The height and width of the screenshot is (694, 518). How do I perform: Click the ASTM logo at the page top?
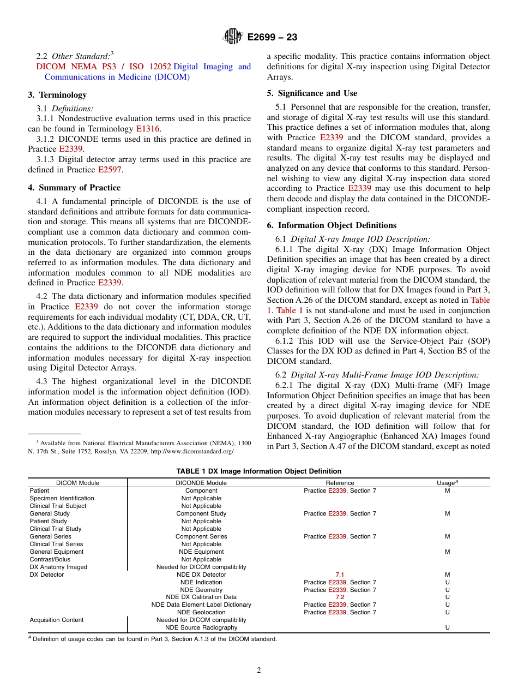pos(233,37)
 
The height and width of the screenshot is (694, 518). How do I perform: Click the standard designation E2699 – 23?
pos(272,38)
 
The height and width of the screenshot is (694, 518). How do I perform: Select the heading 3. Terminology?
pos(57,95)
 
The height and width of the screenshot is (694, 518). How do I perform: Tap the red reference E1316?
pos(148,129)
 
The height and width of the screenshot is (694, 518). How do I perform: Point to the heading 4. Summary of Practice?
pos(74,188)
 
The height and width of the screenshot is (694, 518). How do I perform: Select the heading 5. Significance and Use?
pos(312,93)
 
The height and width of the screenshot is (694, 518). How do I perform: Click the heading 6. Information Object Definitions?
pos(332,225)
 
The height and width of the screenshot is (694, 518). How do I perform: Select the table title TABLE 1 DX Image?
pos(258,471)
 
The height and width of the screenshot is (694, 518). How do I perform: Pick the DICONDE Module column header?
pos(201,483)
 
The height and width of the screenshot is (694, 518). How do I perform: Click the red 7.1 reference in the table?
pos(340,575)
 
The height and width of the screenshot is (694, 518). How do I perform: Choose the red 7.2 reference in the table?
pos(340,597)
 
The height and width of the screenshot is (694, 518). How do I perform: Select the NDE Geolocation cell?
pos(201,612)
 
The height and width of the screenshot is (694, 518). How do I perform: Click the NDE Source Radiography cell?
pos(201,627)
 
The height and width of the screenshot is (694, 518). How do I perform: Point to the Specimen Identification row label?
pos(62,498)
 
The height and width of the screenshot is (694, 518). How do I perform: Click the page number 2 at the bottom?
pos(259,671)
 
